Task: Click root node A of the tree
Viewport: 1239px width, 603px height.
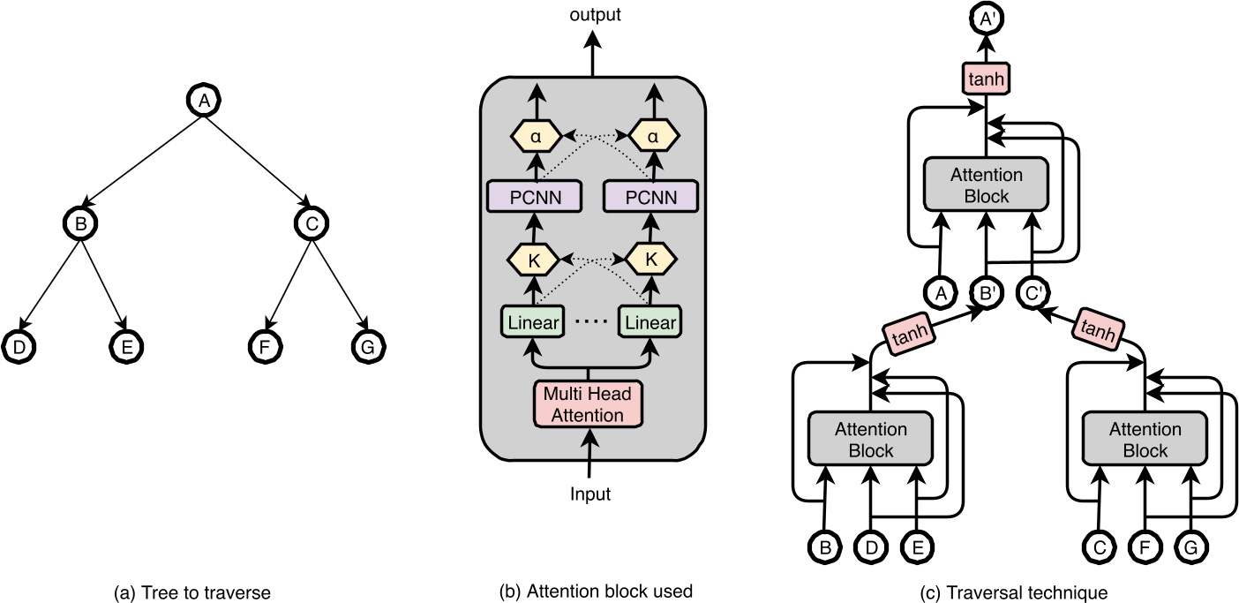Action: click(x=204, y=101)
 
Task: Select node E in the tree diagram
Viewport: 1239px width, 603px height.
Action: click(x=126, y=346)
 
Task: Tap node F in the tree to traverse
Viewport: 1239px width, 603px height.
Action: click(x=263, y=346)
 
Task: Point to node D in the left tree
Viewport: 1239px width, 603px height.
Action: click(x=18, y=346)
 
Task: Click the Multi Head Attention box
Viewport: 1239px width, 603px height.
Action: click(x=588, y=403)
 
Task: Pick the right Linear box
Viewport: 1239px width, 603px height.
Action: click(x=650, y=322)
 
